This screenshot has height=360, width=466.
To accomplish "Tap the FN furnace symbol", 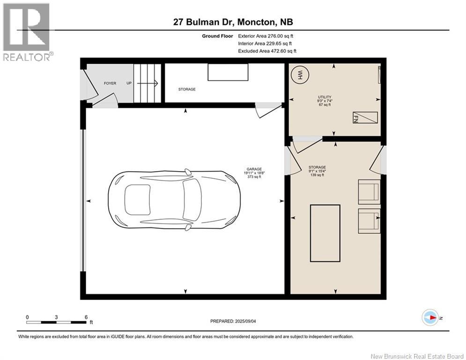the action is pos(365,118).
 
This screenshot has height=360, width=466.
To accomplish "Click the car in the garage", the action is pos(174,200).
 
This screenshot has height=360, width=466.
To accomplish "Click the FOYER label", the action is pos(110,83).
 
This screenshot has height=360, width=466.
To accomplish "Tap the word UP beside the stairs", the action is pos(129,83).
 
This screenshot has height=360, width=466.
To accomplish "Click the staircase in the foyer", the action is pos(147,83).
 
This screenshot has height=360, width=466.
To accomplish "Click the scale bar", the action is pos(57,322).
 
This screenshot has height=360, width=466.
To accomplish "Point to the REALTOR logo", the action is pos(28,32).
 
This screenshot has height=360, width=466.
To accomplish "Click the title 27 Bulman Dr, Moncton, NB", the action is pos(233,22).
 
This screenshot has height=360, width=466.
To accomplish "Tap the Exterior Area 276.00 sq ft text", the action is pos(266,36).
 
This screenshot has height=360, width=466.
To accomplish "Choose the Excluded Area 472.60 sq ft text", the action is pos(267,51).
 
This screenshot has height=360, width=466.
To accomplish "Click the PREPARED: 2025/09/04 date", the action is pos(233,321).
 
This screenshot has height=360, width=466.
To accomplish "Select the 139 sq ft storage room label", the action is pos(317,175).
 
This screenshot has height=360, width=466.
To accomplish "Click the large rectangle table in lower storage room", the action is pos(325,233).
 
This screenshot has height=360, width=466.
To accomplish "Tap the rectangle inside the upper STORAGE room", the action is pos(228,72).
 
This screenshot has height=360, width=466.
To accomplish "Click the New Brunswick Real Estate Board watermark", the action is pos(417,356).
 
